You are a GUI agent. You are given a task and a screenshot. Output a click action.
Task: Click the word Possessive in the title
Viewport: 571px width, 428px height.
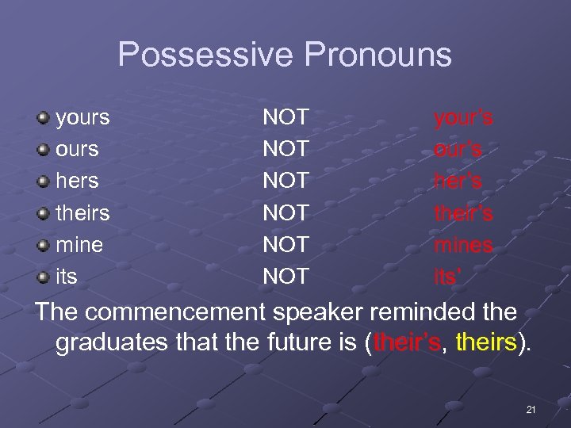tap(205, 55)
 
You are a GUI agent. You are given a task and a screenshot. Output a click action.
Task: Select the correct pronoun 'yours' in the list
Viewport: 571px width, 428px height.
tap(82, 118)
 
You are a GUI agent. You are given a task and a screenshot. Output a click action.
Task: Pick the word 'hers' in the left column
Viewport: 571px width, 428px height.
tap(77, 182)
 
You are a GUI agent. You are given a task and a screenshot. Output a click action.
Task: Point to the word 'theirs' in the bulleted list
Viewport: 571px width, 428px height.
tap(82, 213)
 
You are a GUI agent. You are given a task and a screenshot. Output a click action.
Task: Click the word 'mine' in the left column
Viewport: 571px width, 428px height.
tap(79, 245)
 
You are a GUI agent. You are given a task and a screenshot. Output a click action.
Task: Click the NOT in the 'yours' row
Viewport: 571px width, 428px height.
tap(285, 118)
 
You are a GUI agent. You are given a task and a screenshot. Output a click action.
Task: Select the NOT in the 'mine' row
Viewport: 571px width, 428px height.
tap(285, 245)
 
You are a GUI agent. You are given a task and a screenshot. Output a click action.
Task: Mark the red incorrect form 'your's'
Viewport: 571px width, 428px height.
tap(463, 118)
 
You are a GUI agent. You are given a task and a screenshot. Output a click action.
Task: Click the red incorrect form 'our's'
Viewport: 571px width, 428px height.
tap(458, 150)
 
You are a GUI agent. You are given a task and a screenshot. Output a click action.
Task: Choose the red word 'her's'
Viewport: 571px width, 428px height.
tap(458, 182)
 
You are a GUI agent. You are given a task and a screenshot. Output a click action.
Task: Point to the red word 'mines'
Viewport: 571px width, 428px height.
tap(463, 246)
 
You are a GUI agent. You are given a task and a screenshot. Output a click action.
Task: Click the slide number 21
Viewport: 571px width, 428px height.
tap(531, 410)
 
